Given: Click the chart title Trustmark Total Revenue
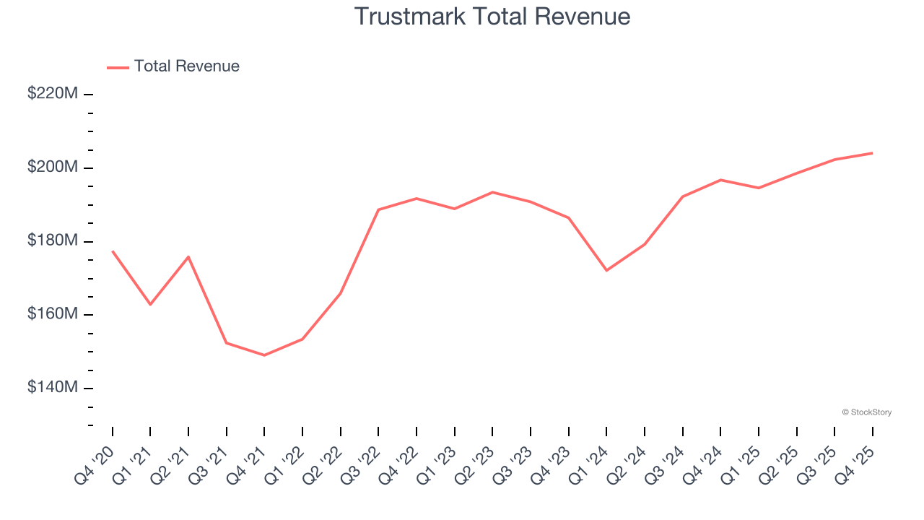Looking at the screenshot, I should [x=492, y=16].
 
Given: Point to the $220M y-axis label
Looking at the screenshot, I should [x=53, y=94].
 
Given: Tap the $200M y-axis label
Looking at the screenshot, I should [x=53, y=168].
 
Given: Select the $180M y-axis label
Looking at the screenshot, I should [x=53, y=240].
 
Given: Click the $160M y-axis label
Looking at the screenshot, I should [x=53, y=314].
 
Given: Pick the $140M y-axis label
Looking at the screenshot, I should [x=53, y=388].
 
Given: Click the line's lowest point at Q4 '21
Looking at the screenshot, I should [x=264, y=355].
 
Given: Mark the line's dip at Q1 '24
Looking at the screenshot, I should [x=606, y=271].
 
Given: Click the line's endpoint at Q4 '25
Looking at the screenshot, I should [x=872, y=153].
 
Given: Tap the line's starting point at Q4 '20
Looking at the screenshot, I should [x=113, y=251].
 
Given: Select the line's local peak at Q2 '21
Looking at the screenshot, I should [x=188, y=256].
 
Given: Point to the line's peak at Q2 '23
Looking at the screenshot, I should [x=492, y=192].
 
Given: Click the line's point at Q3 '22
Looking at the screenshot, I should [x=378, y=210].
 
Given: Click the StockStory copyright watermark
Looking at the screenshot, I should [x=866, y=412].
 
